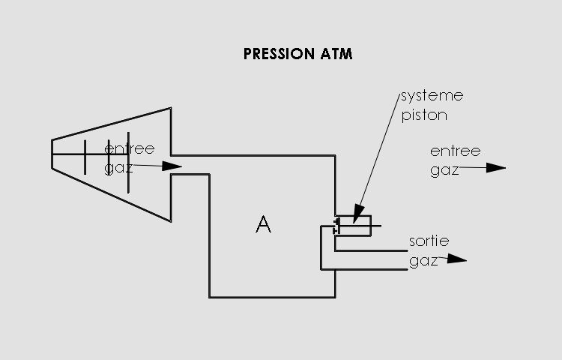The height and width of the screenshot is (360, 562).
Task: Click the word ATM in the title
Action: click(336, 54)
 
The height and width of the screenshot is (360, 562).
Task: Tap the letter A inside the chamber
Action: click(263, 223)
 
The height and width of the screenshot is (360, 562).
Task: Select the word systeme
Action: click(432, 97)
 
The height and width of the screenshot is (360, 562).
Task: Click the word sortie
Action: click(429, 242)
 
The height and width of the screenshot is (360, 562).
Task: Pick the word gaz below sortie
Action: click(423, 262)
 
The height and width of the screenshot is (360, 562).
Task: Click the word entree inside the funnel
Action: click(129, 148)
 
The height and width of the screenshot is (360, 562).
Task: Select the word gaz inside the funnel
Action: click(118, 167)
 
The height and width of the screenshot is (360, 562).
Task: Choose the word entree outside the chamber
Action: click(455, 151)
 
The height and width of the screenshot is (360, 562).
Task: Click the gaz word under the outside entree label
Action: click(444, 170)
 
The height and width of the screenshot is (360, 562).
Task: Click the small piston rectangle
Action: click(354, 226)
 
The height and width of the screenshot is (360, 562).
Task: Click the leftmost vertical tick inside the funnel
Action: click(85, 156)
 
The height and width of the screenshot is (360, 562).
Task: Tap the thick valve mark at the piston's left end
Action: click(338, 224)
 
